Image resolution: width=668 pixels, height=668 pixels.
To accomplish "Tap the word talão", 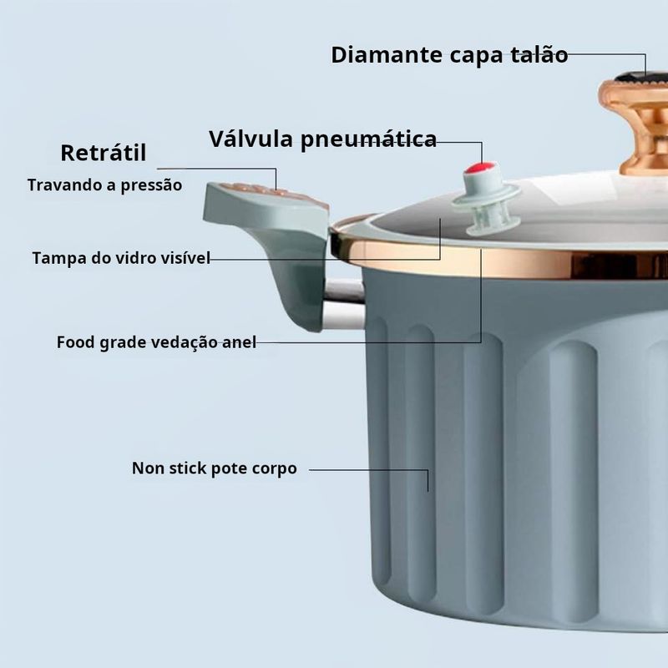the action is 539,55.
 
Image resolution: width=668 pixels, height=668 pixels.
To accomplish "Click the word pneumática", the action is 368,139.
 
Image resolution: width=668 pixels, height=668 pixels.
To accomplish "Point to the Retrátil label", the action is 104,153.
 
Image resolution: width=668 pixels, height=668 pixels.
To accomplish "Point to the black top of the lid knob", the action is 642,78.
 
